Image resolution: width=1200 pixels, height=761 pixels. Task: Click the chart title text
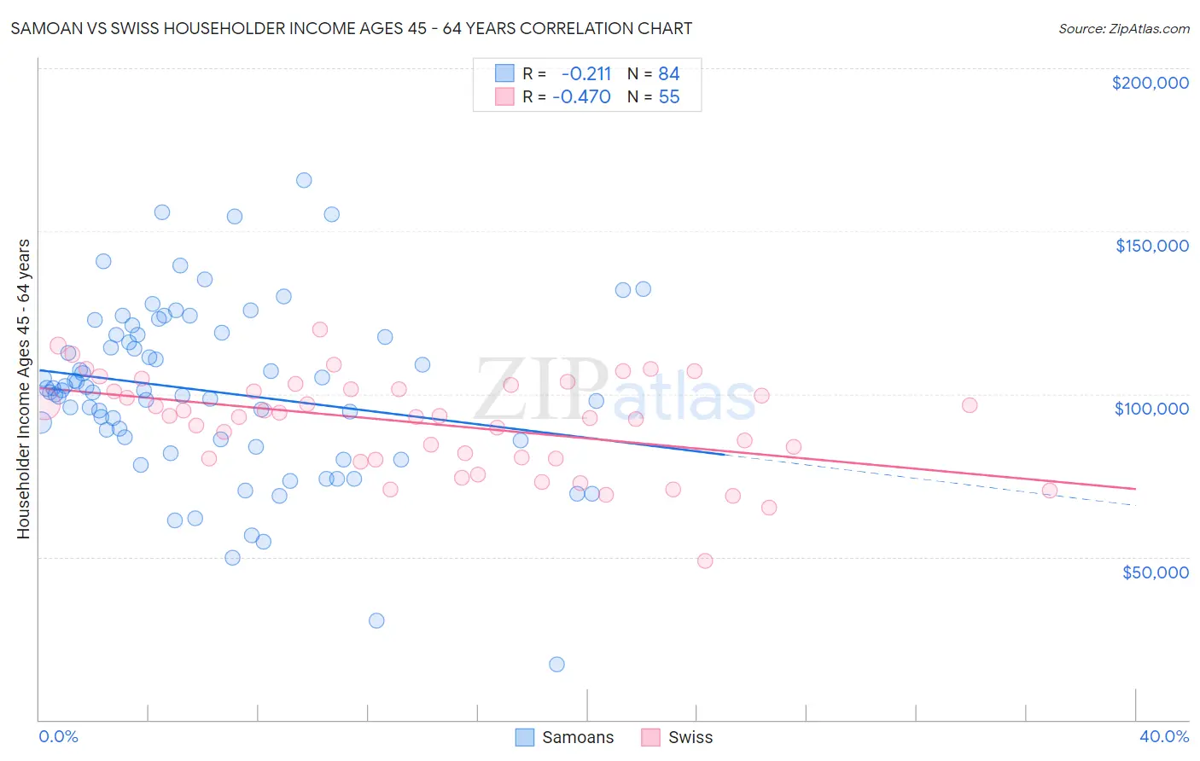click(351, 28)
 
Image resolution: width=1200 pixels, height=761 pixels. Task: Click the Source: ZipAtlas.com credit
click(1123, 28)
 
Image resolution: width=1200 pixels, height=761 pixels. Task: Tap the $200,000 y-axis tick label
click(1150, 83)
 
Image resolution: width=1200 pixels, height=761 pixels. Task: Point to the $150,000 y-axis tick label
click(1151, 246)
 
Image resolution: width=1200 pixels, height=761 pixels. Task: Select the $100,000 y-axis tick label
click(1151, 409)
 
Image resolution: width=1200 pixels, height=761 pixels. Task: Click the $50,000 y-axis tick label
click(1155, 572)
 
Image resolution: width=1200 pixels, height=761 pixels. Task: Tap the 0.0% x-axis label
click(58, 736)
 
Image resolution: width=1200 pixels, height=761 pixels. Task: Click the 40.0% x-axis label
click(1163, 736)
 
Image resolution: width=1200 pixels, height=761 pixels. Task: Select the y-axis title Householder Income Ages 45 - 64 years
click(24, 389)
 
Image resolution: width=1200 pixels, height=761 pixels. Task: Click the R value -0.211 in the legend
click(586, 73)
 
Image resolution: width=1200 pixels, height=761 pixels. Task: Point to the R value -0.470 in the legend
click(581, 96)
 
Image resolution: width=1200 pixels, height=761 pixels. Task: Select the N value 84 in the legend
click(668, 73)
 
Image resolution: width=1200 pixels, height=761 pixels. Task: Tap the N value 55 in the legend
click(668, 96)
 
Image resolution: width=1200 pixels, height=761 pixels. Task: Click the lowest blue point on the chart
click(557, 665)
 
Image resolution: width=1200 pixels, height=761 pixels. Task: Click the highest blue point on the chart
click(304, 180)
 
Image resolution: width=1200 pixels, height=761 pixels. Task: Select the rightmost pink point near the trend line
click(1050, 491)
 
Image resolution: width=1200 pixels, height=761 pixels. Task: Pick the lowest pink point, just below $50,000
click(705, 561)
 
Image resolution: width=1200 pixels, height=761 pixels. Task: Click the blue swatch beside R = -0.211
click(504, 73)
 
